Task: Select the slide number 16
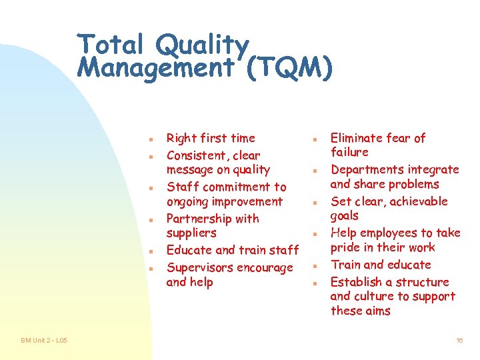[459, 341]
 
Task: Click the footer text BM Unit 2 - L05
[43, 341]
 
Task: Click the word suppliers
[191, 233]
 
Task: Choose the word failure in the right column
[349, 152]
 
